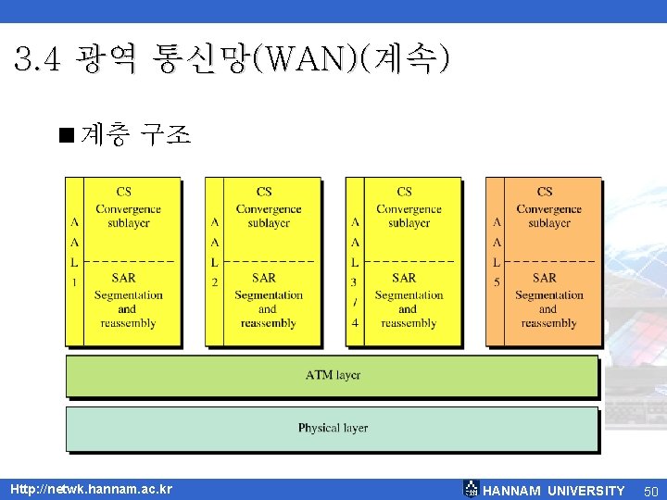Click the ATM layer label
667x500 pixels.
click(333, 375)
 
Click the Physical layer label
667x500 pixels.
click(333, 428)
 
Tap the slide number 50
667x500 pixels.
click(650, 491)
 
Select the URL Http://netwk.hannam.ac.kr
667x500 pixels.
click(91, 489)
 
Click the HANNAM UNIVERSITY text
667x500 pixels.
click(554, 491)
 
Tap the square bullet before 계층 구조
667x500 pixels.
click(65, 136)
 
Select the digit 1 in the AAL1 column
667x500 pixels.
click(74, 281)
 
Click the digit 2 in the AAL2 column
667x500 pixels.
click(214, 281)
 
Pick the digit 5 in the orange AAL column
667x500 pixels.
click(497, 281)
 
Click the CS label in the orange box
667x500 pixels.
click(545, 192)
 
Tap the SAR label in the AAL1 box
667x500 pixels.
click(123, 277)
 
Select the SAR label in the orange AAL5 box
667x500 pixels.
click(545, 277)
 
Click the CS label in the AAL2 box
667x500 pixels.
click(264, 192)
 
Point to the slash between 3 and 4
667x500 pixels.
click(356, 302)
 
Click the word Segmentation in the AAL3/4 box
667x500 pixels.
click(409, 295)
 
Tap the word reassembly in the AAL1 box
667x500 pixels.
click(128, 323)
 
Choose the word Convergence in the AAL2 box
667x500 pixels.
click(269, 209)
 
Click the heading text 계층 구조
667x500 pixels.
click(136, 136)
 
